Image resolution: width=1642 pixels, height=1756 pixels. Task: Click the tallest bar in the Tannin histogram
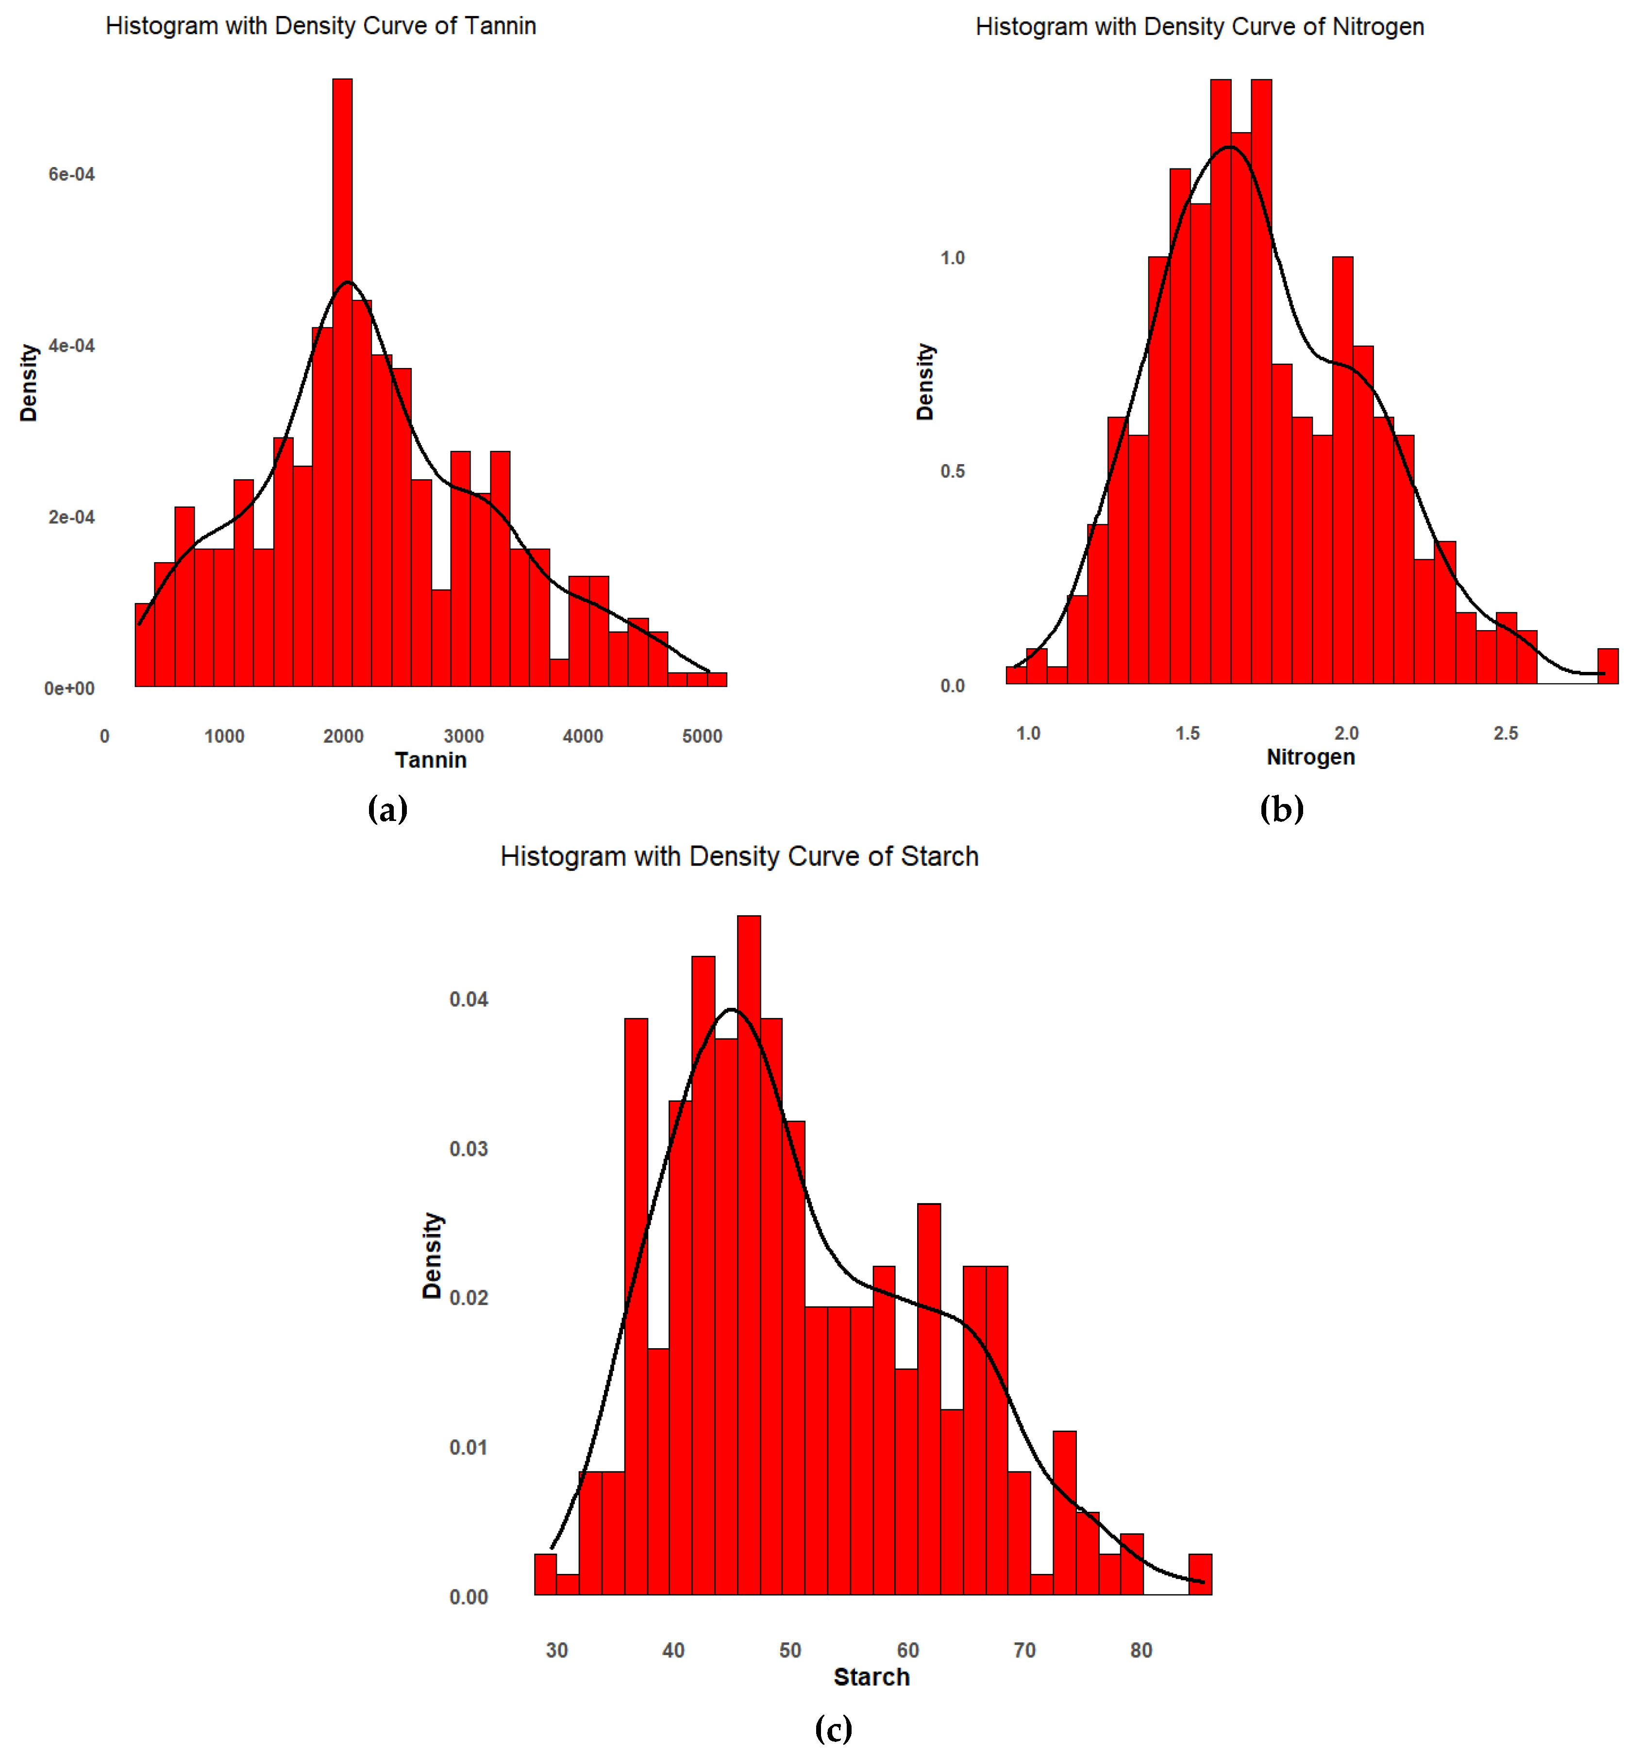click(342, 380)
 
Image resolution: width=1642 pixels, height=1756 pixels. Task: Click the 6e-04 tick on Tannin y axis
click(71, 174)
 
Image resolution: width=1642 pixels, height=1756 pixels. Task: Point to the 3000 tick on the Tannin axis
click(463, 736)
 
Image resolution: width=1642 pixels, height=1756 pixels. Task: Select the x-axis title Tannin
click(430, 760)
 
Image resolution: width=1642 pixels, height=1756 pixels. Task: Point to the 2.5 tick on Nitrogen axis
click(1505, 733)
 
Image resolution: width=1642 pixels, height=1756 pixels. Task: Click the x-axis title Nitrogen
click(1310, 757)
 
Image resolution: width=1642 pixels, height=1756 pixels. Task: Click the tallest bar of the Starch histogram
click(748, 1254)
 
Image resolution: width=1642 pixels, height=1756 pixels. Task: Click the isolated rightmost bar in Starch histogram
click(1200, 1574)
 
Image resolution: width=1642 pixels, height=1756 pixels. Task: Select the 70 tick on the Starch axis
click(1024, 1650)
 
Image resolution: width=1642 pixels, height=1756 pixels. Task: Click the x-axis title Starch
click(871, 1676)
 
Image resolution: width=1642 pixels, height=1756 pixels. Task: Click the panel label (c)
click(833, 1728)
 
